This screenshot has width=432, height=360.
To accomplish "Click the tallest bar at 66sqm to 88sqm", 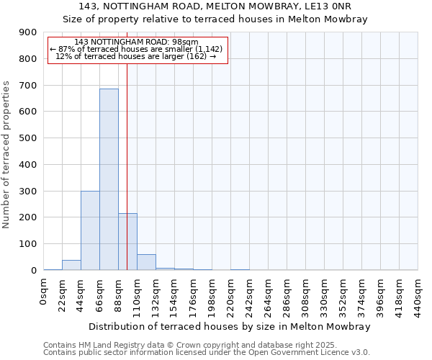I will [109, 180].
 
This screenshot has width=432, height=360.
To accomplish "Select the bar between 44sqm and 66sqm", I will [90, 230].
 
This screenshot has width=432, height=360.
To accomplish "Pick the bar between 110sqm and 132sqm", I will [146, 263].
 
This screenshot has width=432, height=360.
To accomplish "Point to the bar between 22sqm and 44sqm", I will [71, 265].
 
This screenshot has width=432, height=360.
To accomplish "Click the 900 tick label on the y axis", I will [28, 32].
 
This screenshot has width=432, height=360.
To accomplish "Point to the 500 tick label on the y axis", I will [28, 138].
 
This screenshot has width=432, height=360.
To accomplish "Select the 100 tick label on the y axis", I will [28, 244].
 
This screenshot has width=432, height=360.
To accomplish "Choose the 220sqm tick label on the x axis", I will [230, 295].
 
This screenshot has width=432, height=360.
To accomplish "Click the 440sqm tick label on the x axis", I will [418, 295].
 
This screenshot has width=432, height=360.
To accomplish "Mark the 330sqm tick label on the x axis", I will [324, 295].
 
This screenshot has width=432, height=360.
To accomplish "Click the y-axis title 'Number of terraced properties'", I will [6, 155].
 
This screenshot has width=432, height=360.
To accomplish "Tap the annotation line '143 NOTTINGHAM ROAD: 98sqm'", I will [136, 42].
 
